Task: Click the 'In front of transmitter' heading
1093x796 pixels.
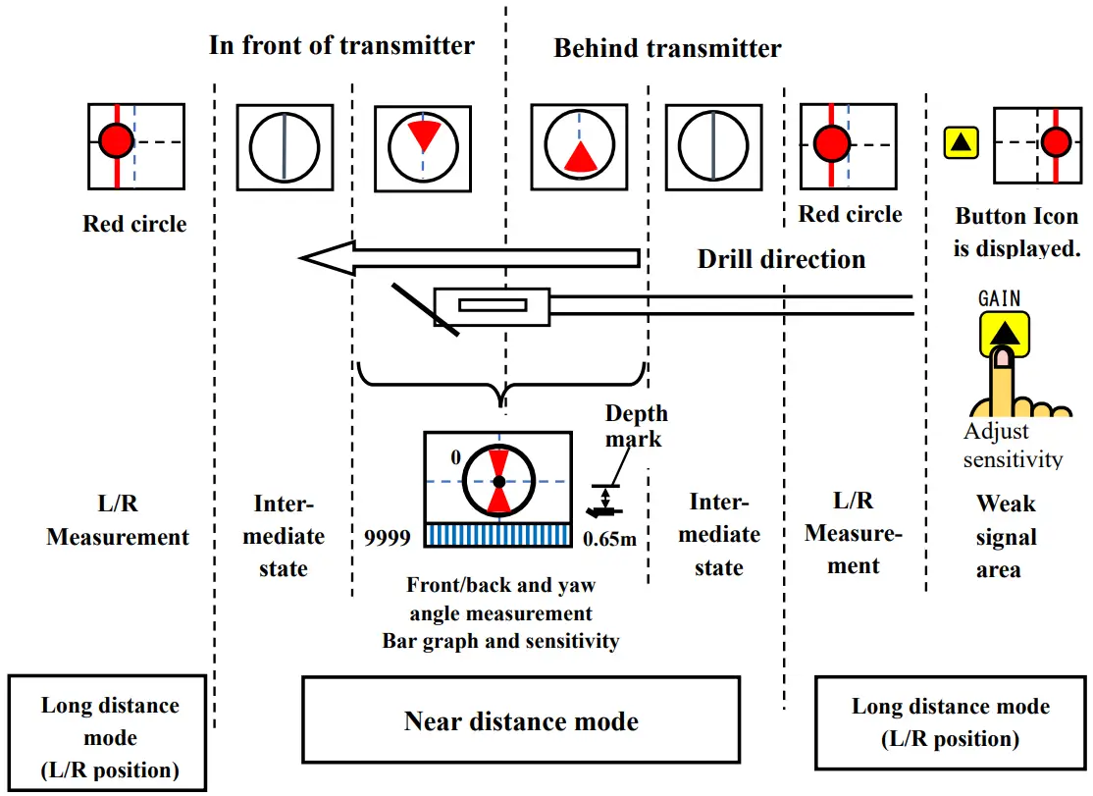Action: pyautogui.click(x=341, y=45)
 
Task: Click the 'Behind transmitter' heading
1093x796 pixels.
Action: pyautogui.click(x=667, y=48)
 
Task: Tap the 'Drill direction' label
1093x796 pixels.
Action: pyautogui.click(x=781, y=259)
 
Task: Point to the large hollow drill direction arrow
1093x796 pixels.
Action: pyautogui.click(x=471, y=258)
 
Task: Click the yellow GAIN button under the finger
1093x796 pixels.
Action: pyautogui.click(x=1003, y=333)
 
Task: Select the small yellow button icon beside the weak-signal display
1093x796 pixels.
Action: pyautogui.click(x=962, y=143)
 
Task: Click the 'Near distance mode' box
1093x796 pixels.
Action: pyautogui.click(x=521, y=722)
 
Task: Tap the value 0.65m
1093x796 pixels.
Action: pyautogui.click(x=609, y=538)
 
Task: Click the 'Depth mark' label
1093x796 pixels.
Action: pyautogui.click(x=635, y=425)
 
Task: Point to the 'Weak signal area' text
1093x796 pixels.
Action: pyautogui.click(x=1006, y=536)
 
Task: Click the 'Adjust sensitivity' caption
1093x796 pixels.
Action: pyautogui.click(x=1012, y=446)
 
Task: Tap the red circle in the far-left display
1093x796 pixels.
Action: pyautogui.click(x=117, y=142)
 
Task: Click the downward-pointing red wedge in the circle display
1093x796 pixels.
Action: pyautogui.click(x=423, y=135)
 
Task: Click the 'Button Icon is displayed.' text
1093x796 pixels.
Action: pyautogui.click(x=1015, y=232)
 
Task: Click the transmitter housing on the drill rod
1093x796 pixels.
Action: pyautogui.click(x=492, y=305)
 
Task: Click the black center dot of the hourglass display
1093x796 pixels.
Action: pyautogui.click(x=498, y=482)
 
